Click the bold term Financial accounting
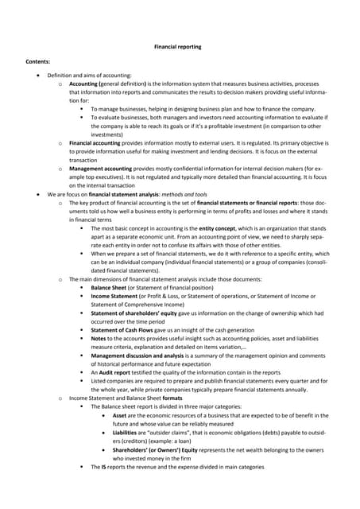pyautogui.click(x=95, y=142)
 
